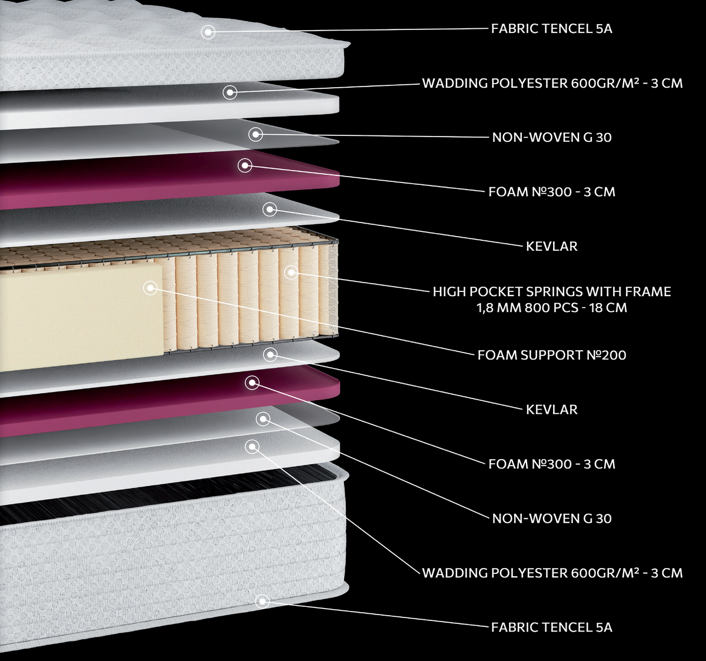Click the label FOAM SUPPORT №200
[x=552, y=355]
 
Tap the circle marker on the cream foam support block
[x=151, y=288]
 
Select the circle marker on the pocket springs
[x=291, y=273]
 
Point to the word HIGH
[x=449, y=292]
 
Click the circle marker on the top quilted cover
[x=208, y=32]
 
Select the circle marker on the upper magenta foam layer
[x=245, y=165]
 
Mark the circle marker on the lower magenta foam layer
[x=252, y=383]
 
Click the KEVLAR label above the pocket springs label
[x=552, y=246]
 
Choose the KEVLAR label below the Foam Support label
[x=552, y=410]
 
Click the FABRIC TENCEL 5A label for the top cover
[x=552, y=28]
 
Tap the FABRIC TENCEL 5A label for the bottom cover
[x=552, y=627]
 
